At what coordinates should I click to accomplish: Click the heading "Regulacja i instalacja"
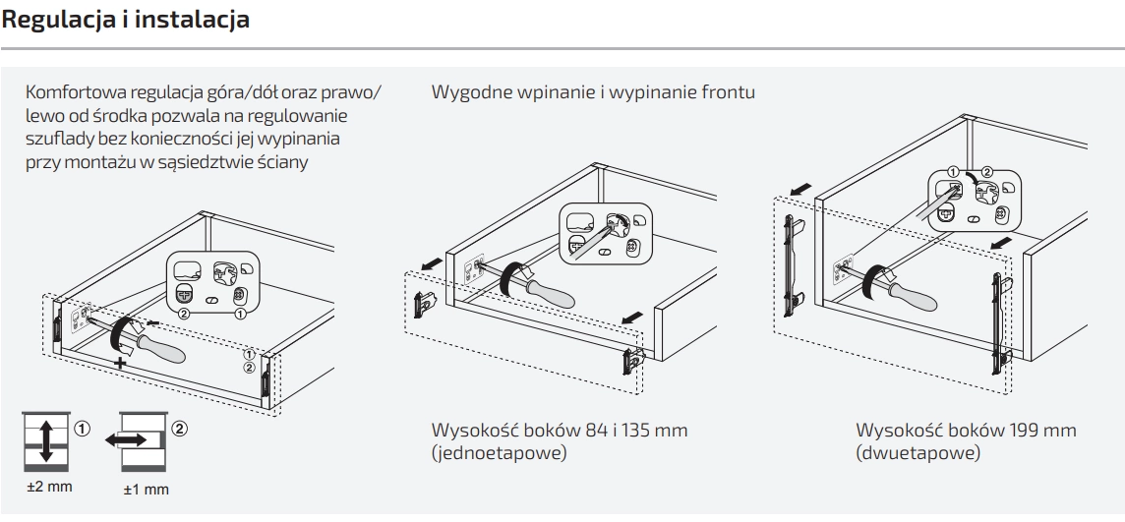pyautogui.click(x=125, y=19)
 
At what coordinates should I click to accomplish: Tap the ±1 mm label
pyautogui.click(x=146, y=489)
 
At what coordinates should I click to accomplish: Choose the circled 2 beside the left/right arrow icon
pyautogui.click(x=180, y=429)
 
